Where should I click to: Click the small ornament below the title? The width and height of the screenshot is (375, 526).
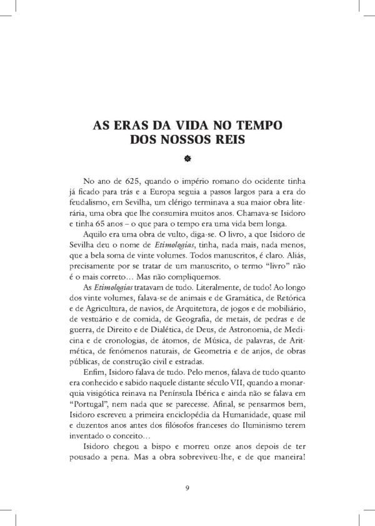[x=187, y=158]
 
